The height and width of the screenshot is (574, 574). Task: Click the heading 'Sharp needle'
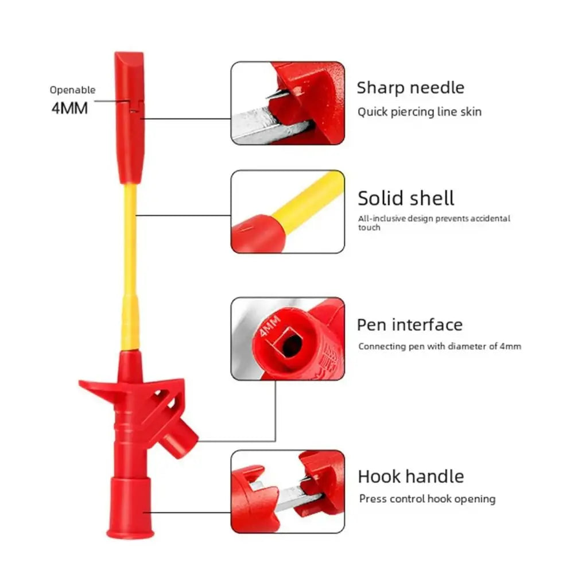click(x=410, y=88)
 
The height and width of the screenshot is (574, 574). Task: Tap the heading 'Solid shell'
click(x=406, y=198)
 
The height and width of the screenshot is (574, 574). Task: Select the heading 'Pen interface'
click(x=410, y=325)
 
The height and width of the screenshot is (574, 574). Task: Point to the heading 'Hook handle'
click(x=411, y=476)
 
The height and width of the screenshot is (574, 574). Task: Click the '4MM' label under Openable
click(x=69, y=108)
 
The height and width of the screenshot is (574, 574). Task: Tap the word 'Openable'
click(x=72, y=90)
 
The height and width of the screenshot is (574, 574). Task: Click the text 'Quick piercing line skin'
click(x=420, y=112)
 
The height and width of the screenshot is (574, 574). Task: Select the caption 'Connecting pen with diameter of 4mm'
click(x=440, y=346)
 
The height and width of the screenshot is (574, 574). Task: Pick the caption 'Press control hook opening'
click(x=427, y=499)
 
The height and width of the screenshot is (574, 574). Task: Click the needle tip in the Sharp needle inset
click(x=267, y=97)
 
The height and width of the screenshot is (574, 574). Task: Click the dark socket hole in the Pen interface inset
click(x=291, y=345)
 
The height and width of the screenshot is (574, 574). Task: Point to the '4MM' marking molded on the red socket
click(x=269, y=326)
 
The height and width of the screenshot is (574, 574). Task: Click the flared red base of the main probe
click(x=130, y=508)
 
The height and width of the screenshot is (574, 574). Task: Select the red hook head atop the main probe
click(x=130, y=117)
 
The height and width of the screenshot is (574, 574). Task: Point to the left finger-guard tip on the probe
click(x=82, y=383)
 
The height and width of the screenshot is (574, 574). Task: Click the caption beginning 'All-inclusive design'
click(x=434, y=223)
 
